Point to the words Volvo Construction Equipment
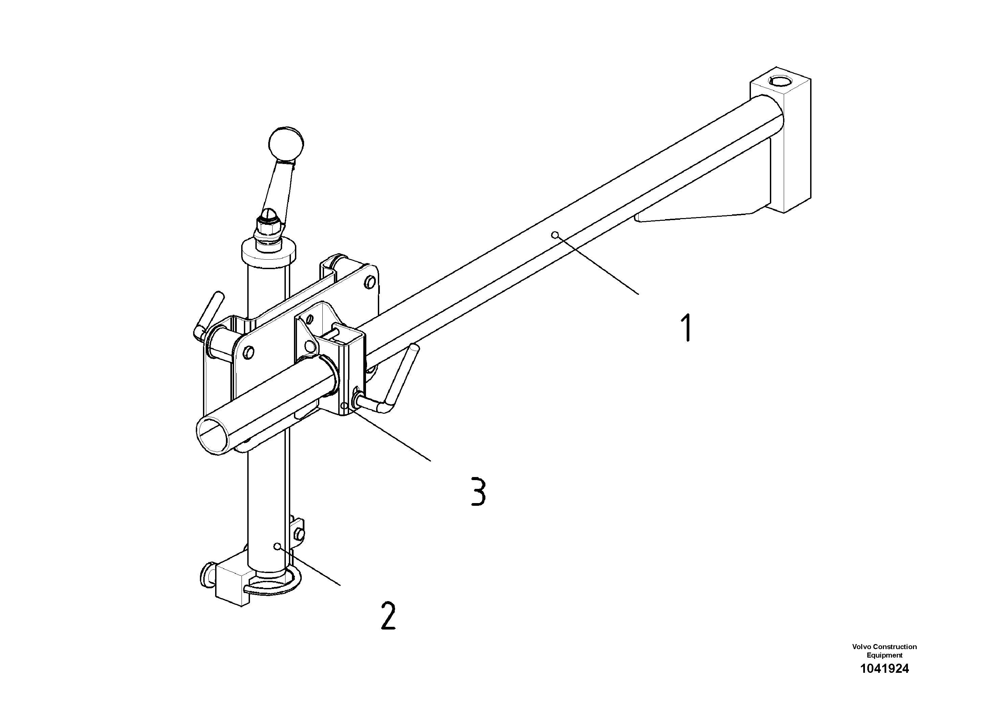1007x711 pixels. (x=884, y=650)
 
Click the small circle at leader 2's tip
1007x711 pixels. (x=277, y=546)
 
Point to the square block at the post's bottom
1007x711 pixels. (x=230, y=585)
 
